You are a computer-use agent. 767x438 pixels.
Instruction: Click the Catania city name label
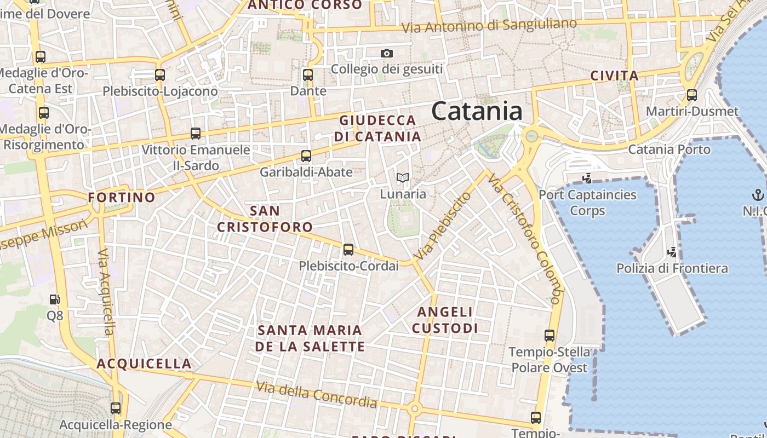[477, 111]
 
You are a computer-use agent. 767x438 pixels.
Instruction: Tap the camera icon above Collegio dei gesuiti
[387, 53]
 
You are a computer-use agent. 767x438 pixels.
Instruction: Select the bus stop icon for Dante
[307, 75]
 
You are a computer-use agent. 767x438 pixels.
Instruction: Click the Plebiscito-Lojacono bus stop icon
[160, 75]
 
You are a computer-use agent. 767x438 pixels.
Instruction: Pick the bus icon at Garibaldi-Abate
[306, 156]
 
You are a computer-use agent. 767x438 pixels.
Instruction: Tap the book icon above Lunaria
[403, 177]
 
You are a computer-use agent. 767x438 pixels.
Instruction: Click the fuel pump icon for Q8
[54, 299]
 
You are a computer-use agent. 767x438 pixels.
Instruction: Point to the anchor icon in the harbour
[758, 195]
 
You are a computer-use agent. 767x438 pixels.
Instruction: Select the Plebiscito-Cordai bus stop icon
[348, 250]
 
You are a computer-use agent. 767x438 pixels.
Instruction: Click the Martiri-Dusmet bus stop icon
[692, 95]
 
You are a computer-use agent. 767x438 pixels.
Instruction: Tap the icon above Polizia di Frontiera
[672, 252]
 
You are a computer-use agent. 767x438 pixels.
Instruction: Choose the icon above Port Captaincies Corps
[587, 178]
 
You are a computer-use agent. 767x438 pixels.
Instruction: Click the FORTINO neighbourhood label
[122, 197]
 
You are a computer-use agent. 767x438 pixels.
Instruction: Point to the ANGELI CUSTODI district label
[445, 320]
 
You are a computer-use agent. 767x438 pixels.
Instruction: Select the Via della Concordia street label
[317, 395]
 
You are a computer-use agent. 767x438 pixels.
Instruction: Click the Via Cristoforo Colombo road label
[525, 239]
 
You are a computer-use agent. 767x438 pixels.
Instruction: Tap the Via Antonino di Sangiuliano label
[489, 25]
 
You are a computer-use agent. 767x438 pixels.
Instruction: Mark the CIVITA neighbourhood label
[615, 76]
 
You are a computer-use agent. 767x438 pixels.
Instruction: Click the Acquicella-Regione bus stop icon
[116, 408]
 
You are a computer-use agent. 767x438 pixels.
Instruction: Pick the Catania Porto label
[669, 149]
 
